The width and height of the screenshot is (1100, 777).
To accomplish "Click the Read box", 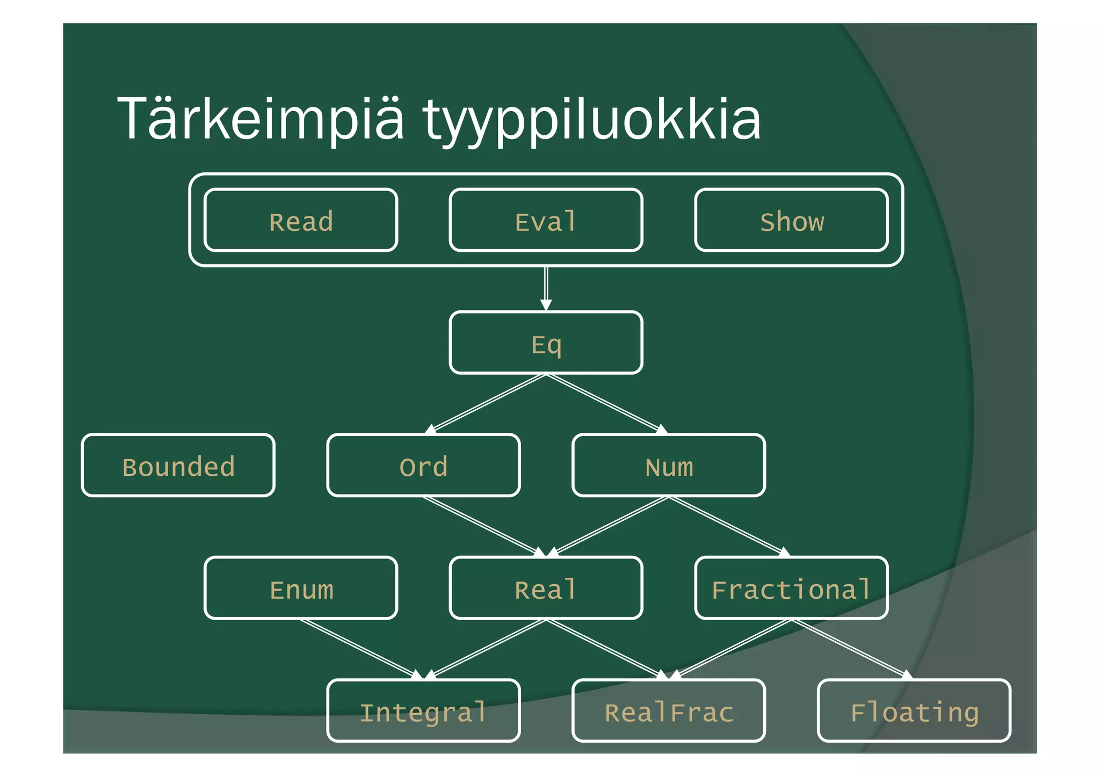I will click(301, 220).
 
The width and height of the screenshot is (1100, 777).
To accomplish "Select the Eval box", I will click(546, 220).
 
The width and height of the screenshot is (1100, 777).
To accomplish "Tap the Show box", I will click(791, 220).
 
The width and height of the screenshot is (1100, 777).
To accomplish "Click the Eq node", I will click(546, 343).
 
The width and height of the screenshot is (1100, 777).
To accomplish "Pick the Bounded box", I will click(178, 466).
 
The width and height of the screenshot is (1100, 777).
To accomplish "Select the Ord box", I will click(423, 466).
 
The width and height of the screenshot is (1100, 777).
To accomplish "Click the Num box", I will click(669, 466).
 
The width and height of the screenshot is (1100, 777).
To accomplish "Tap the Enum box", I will click(301, 588).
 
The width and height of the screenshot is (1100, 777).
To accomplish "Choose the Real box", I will click(546, 588).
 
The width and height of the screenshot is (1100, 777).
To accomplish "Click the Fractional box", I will click(791, 588).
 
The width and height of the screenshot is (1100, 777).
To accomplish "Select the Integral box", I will click(423, 710).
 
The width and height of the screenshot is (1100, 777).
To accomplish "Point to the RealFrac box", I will click(669, 710).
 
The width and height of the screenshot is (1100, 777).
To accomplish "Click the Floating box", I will click(914, 710).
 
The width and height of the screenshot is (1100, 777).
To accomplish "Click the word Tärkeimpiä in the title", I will click(260, 119).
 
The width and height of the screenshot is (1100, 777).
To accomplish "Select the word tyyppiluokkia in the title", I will click(591, 119).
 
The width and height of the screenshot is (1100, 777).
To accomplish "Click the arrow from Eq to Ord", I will click(486, 403).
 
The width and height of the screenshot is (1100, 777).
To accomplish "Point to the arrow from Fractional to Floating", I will click(851, 649).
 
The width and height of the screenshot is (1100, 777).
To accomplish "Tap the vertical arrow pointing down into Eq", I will click(546, 287).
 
